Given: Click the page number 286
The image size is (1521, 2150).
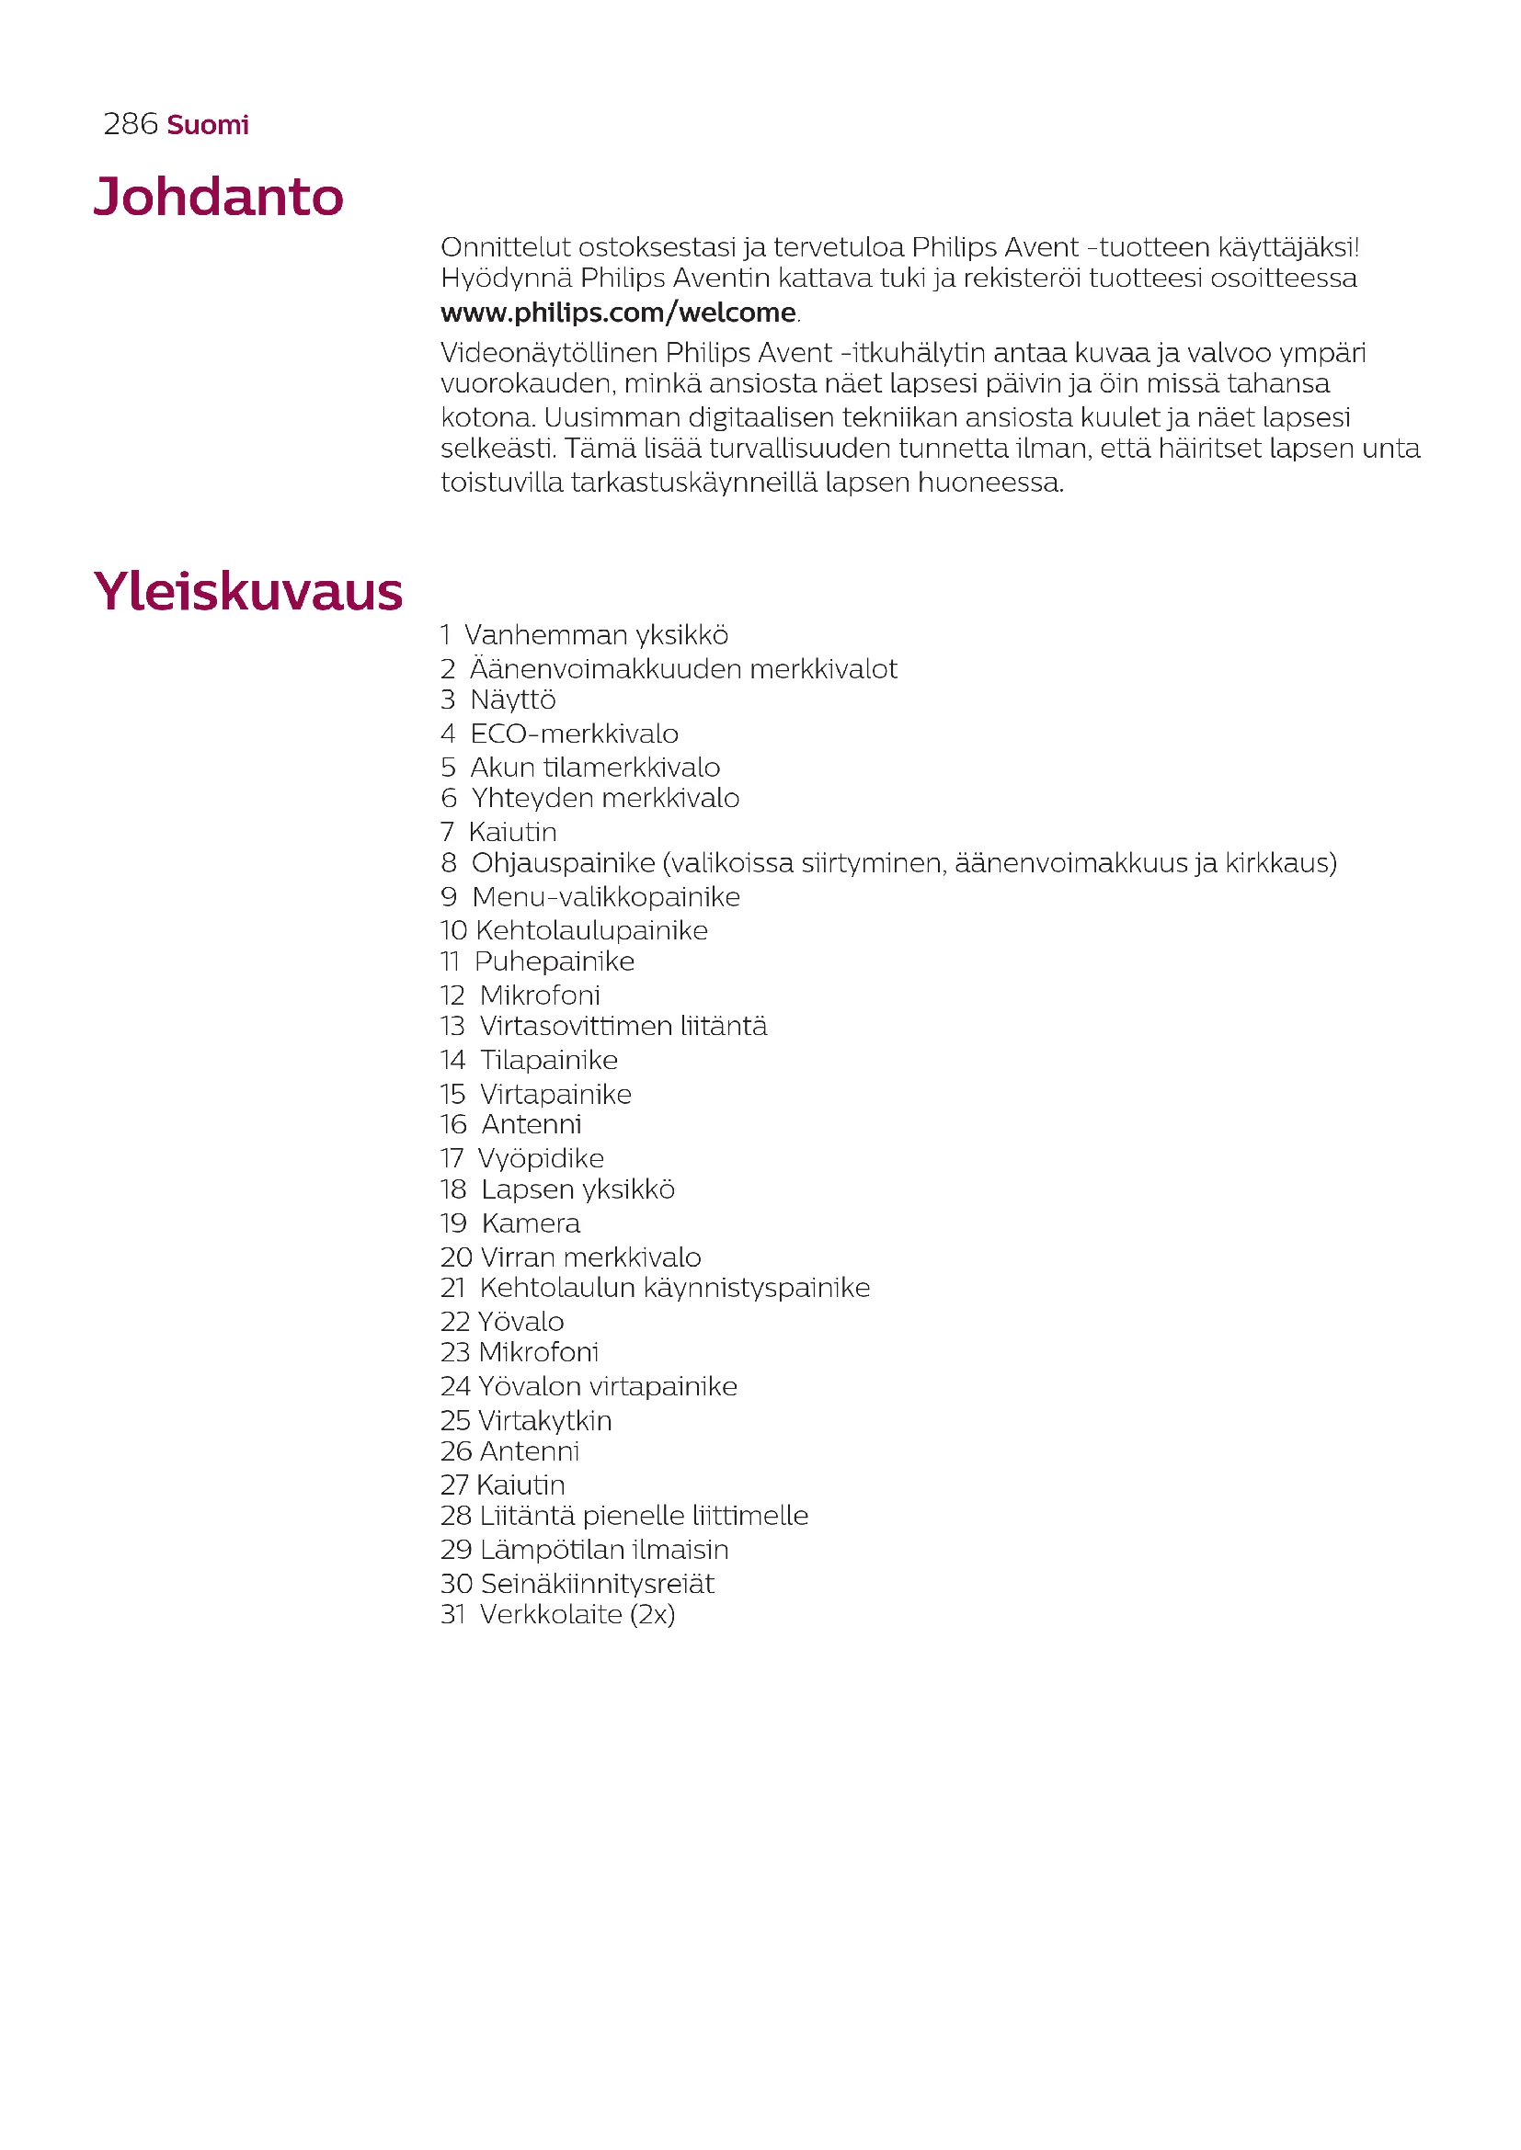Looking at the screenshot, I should click(131, 123).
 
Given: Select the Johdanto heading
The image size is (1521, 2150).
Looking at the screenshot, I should click(218, 197).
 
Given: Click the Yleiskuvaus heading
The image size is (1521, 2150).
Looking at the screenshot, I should click(247, 592).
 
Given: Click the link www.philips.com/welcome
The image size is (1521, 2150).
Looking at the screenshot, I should click(618, 312).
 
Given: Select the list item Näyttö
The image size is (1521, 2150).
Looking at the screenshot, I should click(512, 700).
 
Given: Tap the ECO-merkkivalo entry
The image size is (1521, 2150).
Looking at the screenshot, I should click(574, 734).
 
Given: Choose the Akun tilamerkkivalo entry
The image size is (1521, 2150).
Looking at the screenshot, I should click(595, 767).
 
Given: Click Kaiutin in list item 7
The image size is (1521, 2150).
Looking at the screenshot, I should click(512, 832).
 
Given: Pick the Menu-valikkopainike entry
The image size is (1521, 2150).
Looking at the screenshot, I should click(605, 896).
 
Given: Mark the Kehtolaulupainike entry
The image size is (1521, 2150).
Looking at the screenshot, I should click(591, 930).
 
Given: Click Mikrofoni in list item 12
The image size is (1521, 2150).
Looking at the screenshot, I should click(540, 995).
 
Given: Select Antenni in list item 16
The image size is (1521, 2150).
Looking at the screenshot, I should click(531, 1123).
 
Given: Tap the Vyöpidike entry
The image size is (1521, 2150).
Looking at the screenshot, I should click(541, 1158).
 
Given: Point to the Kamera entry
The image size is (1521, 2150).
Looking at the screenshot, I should click(530, 1223).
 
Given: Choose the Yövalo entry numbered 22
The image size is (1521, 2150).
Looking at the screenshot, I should click(520, 1321).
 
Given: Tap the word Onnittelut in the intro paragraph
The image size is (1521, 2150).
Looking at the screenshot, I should click(505, 247).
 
